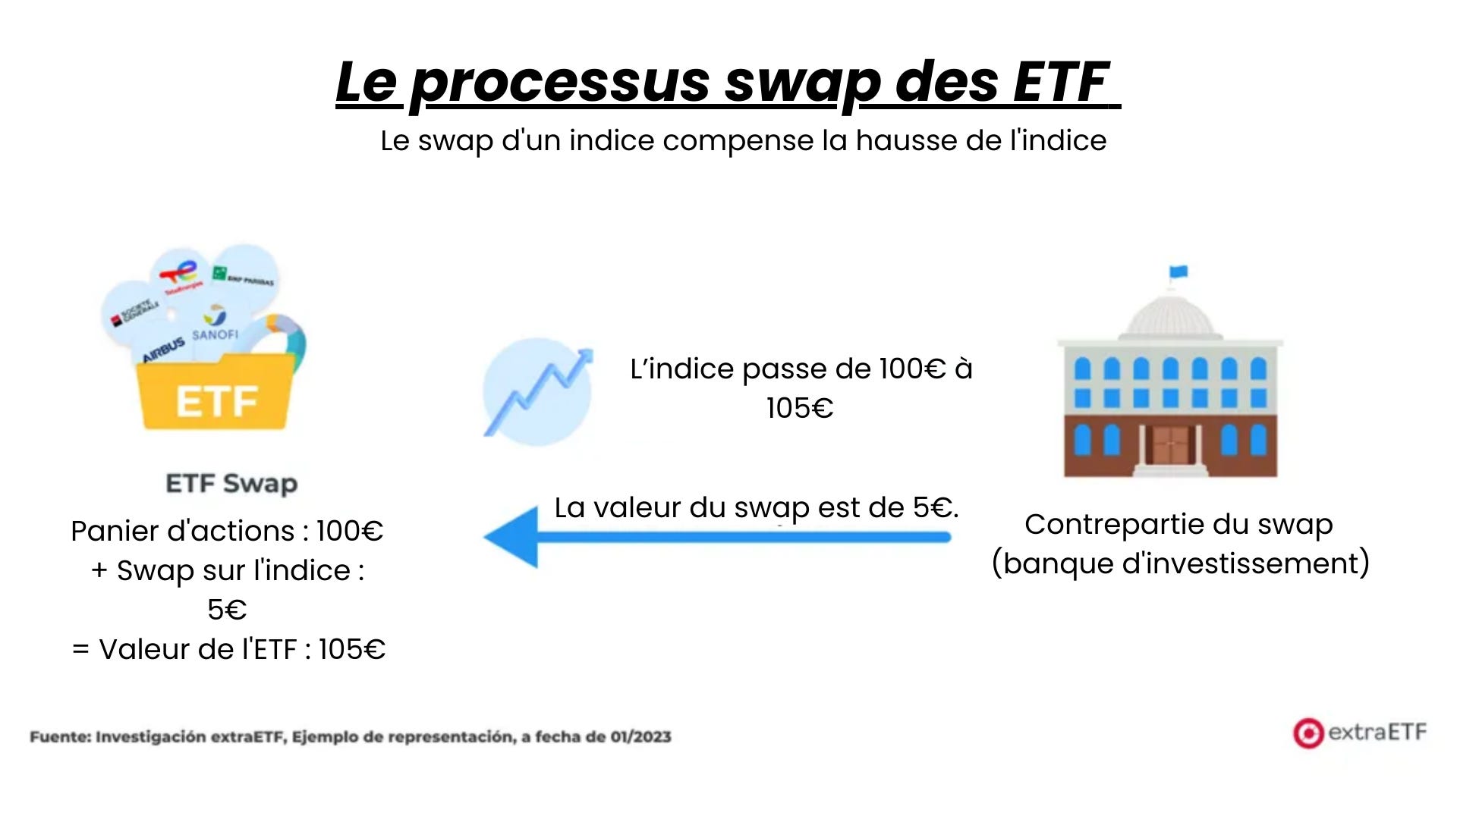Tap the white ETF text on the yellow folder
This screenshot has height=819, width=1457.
[217, 401]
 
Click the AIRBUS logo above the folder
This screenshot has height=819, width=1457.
[164, 349]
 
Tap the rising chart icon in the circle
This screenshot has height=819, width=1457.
[538, 391]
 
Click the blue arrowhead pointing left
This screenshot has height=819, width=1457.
[512, 537]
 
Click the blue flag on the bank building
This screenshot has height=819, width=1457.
[1179, 271]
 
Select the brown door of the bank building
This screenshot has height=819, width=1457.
[1169, 445]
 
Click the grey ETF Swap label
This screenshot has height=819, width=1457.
[231, 483]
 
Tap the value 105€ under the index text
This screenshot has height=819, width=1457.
[800, 409]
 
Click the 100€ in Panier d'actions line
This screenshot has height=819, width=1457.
[350, 532]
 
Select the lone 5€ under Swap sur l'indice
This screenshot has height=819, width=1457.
[227, 610]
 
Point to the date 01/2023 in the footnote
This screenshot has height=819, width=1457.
[640, 737]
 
